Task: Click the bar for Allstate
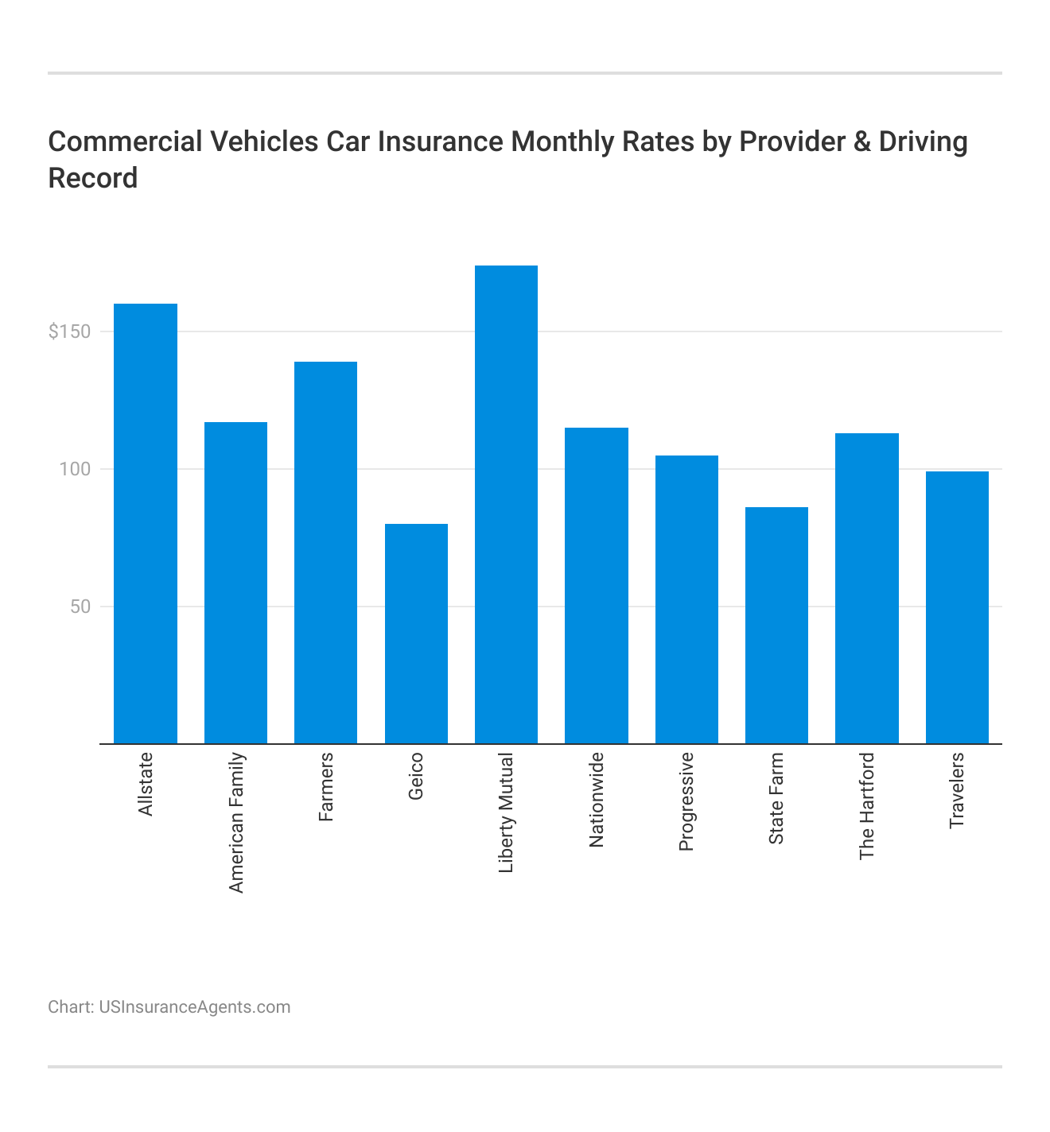pyautogui.click(x=146, y=524)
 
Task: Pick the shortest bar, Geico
pyautogui.click(x=416, y=634)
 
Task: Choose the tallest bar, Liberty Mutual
pyautogui.click(x=506, y=505)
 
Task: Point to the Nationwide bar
pyautogui.click(x=597, y=586)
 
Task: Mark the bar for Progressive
pyautogui.click(x=686, y=599)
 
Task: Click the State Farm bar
pyautogui.click(x=776, y=626)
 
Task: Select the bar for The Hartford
pyautogui.click(x=867, y=588)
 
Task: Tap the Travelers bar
pyautogui.click(x=957, y=607)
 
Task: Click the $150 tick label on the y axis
pyautogui.click(x=69, y=331)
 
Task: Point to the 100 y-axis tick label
pyautogui.click(x=75, y=469)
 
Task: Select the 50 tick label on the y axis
pyautogui.click(x=80, y=607)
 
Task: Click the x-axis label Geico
pyautogui.click(x=416, y=776)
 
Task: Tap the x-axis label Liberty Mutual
pyautogui.click(x=506, y=813)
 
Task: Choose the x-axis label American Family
pyautogui.click(x=236, y=823)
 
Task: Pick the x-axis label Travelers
pyautogui.click(x=957, y=790)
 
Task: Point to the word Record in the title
pyautogui.click(x=93, y=178)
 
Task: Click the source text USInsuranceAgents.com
pyautogui.click(x=194, y=1007)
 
